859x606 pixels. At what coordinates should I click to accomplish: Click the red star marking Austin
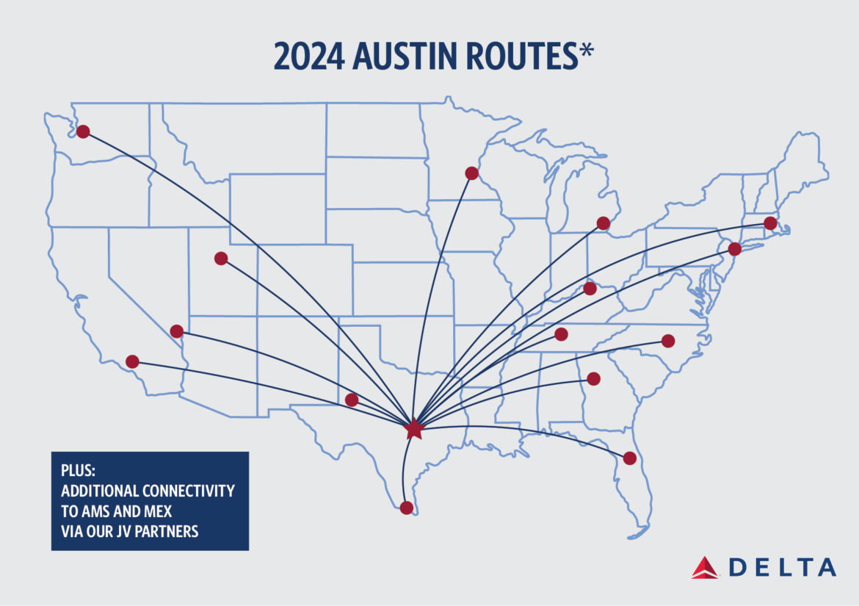414,428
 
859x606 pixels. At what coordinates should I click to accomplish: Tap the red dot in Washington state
83,131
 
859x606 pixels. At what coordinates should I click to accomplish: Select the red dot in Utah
221,259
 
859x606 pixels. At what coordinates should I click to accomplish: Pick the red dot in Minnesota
471,173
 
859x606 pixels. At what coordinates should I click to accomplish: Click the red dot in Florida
629,458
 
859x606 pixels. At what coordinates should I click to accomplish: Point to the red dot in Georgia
593,379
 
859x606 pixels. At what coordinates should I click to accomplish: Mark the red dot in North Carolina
668,341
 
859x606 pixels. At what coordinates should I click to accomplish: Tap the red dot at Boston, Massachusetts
770,223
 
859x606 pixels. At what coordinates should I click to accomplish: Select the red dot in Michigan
604,223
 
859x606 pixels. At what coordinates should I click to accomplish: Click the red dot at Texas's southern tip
406,508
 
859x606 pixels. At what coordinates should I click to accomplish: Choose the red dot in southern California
132,361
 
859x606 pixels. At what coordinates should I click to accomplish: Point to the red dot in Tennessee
561,335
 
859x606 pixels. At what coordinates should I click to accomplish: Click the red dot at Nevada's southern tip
176,331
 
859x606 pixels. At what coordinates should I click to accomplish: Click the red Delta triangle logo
706,567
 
